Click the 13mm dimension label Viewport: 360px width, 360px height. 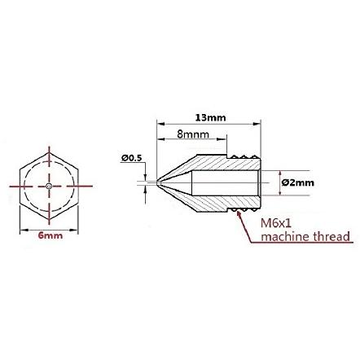[x=210, y=118]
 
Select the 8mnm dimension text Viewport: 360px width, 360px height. [x=193, y=134]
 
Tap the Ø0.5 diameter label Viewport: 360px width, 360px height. [x=132, y=158]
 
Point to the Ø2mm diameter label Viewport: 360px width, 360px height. [x=298, y=182]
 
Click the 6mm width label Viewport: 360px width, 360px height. [x=50, y=235]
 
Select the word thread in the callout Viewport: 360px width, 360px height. [x=331, y=237]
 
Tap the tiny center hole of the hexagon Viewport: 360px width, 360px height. [x=49, y=186]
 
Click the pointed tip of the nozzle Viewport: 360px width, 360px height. [x=157, y=182]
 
